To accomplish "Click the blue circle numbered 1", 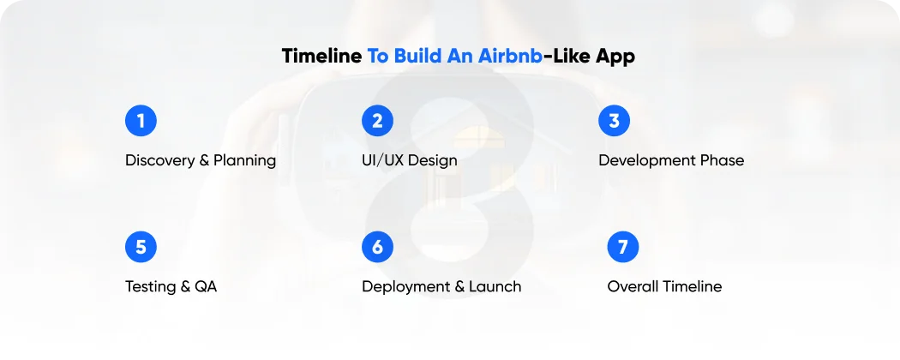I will [141, 121].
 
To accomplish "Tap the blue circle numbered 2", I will [377, 121].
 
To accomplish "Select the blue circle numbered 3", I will [614, 121].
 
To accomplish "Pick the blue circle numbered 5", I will [141, 247].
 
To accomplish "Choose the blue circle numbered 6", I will [377, 247].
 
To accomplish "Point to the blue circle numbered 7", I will [623, 247].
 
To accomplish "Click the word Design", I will [435, 161].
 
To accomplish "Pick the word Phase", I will [723, 160].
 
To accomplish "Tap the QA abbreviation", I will [206, 287].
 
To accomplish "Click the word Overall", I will [634, 286].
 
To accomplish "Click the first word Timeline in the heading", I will [321, 57].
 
